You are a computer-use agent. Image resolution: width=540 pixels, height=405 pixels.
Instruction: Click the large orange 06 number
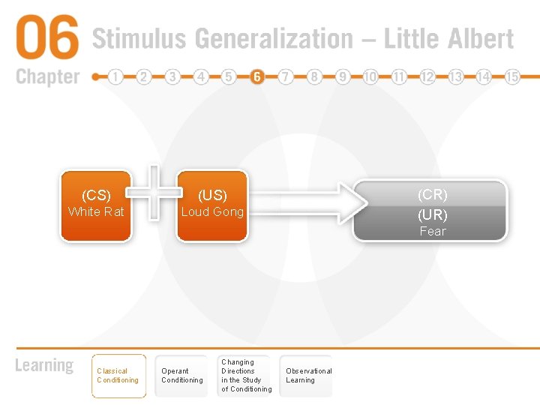tap(46, 38)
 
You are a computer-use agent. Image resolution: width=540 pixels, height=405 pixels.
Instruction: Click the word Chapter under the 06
tap(47, 76)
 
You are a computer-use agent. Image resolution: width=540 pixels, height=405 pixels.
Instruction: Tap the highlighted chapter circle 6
tap(257, 76)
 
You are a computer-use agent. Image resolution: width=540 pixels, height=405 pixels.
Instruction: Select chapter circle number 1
tap(115, 76)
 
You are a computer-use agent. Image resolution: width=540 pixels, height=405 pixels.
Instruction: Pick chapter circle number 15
tap(512, 76)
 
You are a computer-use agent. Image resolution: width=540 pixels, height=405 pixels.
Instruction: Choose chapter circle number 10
tap(370, 76)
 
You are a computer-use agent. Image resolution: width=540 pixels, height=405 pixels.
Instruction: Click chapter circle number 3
tap(172, 76)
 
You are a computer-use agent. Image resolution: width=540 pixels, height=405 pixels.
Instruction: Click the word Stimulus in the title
tap(138, 39)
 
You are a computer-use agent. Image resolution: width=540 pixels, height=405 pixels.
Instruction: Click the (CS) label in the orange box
tap(96, 196)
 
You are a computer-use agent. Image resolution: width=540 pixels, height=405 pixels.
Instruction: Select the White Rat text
tap(96, 211)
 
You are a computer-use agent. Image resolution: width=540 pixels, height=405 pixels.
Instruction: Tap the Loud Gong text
tap(212, 211)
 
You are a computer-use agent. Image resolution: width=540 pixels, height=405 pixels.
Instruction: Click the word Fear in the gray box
tap(432, 231)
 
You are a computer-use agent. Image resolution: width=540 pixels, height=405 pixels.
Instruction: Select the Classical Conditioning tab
tap(118, 376)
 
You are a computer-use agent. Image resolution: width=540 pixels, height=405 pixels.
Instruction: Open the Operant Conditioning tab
tap(182, 376)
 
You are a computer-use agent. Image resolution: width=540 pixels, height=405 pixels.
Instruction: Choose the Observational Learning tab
tap(307, 376)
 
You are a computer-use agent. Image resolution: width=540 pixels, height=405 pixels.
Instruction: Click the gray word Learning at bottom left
tap(44, 366)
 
